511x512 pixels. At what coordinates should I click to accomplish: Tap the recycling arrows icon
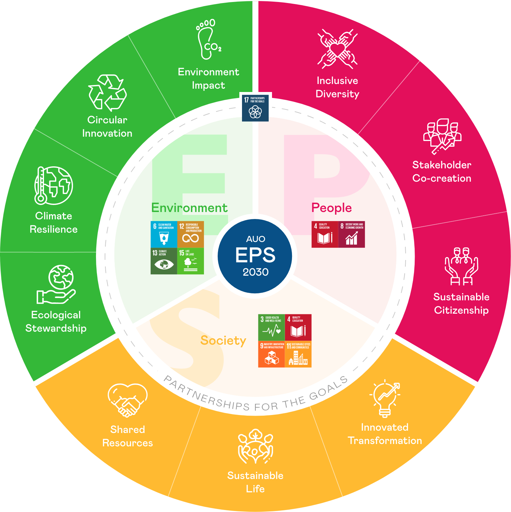tap(107, 93)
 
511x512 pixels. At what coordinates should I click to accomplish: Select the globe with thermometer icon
tap(53, 185)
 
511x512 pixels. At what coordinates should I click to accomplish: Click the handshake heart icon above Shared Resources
tap(127, 400)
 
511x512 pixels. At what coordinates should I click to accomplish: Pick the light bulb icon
tap(385, 398)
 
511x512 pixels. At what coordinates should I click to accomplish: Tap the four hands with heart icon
tap(337, 49)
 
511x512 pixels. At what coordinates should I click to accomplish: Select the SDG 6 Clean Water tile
tap(164, 234)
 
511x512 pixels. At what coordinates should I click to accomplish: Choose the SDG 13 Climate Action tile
tap(164, 261)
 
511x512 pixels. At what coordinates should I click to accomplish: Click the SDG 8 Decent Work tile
tap(352, 234)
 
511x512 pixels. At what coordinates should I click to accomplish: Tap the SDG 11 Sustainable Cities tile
tap(298, 354)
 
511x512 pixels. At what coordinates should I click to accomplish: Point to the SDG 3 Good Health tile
tap(272, 327)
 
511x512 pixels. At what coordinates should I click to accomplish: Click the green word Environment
tap(189, 208)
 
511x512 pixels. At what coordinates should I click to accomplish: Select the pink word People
tap(331, 208)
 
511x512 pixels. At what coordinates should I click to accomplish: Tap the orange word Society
tap(223, 340)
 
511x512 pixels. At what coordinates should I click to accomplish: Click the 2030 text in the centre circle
tap(255, 272)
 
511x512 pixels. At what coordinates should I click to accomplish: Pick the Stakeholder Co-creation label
tap(442, 171)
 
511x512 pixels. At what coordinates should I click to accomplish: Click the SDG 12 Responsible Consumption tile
tap(190, 234)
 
